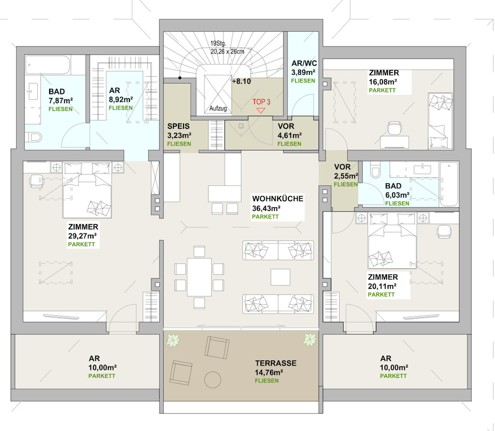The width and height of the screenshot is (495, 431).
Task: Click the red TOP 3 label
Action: [x=261, y=102]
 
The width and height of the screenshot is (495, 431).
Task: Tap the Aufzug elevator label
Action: [x=218, y=109]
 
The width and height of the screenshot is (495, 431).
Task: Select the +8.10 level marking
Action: [x=241, y=81]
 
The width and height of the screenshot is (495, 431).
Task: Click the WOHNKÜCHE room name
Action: [x=278, y=199]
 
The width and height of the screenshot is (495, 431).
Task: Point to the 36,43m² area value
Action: [x=266, y=208]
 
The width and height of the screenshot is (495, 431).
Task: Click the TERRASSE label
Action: [x=276, y=363]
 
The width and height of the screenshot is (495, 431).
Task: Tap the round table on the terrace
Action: [x=213, y=379]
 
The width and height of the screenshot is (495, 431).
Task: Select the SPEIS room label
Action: [x=178, y=126]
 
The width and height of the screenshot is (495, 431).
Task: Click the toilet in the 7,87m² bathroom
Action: [x=33, y=137]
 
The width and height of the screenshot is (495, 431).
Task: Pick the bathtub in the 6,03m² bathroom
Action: [x=448, y=184]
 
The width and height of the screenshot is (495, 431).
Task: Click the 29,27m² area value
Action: [x=82, y=236]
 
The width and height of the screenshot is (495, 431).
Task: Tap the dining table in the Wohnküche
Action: [x=199, y=277]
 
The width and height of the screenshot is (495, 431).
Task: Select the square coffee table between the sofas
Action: [x=280, y=277]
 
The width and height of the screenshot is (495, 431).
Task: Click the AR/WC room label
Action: [x=304, y=63]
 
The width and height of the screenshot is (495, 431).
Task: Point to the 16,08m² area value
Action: [x=383, y=82]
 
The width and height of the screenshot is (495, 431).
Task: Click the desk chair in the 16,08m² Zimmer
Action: [x=395, y=128]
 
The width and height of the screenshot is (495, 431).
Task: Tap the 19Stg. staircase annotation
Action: [x=218, y=44]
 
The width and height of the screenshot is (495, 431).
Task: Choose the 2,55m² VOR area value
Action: [x=346, y=176]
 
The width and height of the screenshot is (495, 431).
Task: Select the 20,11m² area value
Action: [x=382, y=286]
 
